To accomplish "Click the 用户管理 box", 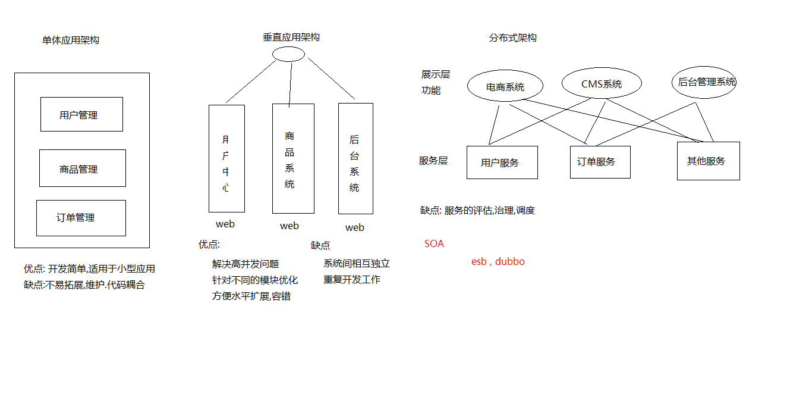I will coord(81,114).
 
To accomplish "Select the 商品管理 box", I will coord(82,168).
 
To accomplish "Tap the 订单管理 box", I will coord(81,218).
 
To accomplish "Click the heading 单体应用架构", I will coord(70,40).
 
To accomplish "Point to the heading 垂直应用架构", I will coord(291,37).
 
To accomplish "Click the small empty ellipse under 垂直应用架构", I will coord(289,54).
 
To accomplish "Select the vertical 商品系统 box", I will coord(293,159).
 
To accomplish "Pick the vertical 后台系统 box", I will coord(355,159).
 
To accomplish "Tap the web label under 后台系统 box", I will coord(355,227).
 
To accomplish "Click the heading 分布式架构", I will coord(512,38).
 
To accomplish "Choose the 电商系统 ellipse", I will coord(505,87).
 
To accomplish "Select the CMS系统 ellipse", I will coord(602,84).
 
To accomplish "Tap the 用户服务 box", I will coord(502,162).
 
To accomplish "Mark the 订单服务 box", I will coord(600,161).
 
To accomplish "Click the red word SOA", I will coord(434,243).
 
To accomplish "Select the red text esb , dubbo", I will coord(498,261).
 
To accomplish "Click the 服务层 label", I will coord(433,161).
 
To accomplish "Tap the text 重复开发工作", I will coord(352,280).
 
